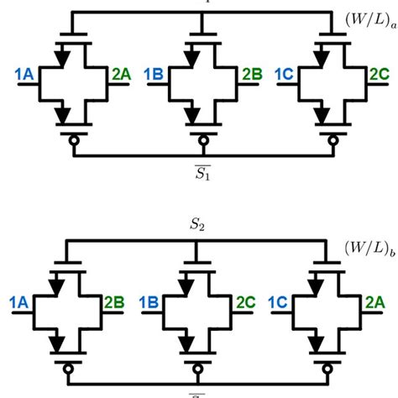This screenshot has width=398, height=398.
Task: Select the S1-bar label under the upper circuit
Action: [198, 175]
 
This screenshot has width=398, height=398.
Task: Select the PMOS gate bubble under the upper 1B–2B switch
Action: [199, 143]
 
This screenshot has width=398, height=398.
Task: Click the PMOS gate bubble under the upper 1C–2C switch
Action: [328, 143]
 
